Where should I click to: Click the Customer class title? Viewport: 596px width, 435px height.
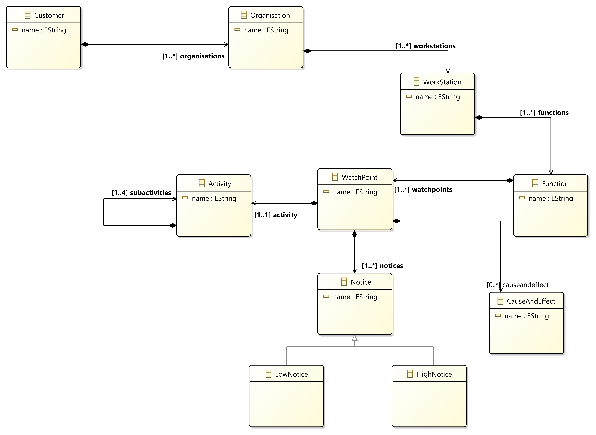click(49, 16)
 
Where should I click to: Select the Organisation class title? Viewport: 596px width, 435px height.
click(270, 16)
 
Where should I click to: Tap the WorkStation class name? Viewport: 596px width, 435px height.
click(442, 82)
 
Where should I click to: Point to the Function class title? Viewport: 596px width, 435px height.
click(555, 184)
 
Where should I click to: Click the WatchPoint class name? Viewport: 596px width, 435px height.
click(359, 177)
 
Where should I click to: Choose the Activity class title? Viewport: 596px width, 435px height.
click(220, 184)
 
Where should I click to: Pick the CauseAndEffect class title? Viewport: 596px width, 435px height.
click(531, 301)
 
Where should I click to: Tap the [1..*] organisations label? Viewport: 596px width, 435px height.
click(193, 56)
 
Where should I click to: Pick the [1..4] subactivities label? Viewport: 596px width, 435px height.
click(141, 193)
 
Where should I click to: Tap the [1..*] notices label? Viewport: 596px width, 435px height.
click(382, 266)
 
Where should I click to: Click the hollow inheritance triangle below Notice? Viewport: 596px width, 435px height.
click(355, 338)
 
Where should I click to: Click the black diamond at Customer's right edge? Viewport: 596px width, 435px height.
click(85, 45)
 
